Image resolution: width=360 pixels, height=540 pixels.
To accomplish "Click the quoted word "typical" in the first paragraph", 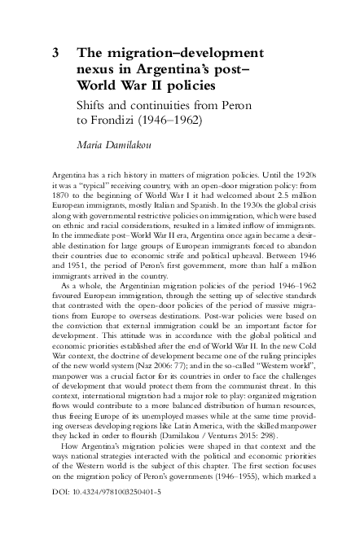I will pyautogui.click(x=90, y=187).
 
